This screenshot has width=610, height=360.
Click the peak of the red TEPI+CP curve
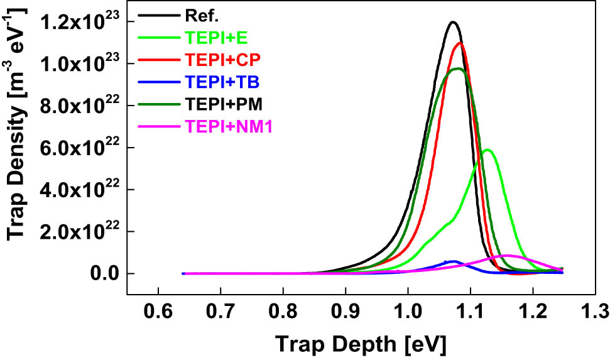(460, 43)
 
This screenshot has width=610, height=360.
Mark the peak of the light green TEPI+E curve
(487, 150)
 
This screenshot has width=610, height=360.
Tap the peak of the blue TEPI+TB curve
(452, 261)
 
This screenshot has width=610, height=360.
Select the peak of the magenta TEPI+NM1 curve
(508, 255)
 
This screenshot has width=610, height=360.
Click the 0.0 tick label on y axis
(103, 274)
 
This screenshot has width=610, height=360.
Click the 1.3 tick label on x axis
(595, 311)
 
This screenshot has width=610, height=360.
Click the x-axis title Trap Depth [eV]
(361, 343)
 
